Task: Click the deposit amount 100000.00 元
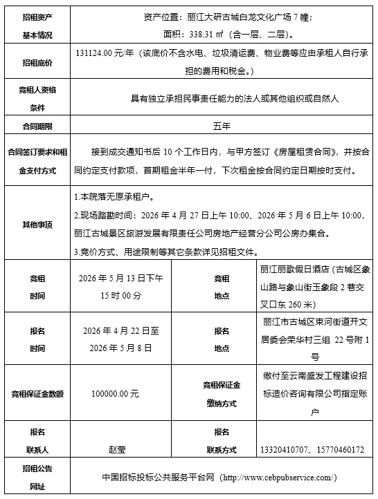click(x=115, y=393)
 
